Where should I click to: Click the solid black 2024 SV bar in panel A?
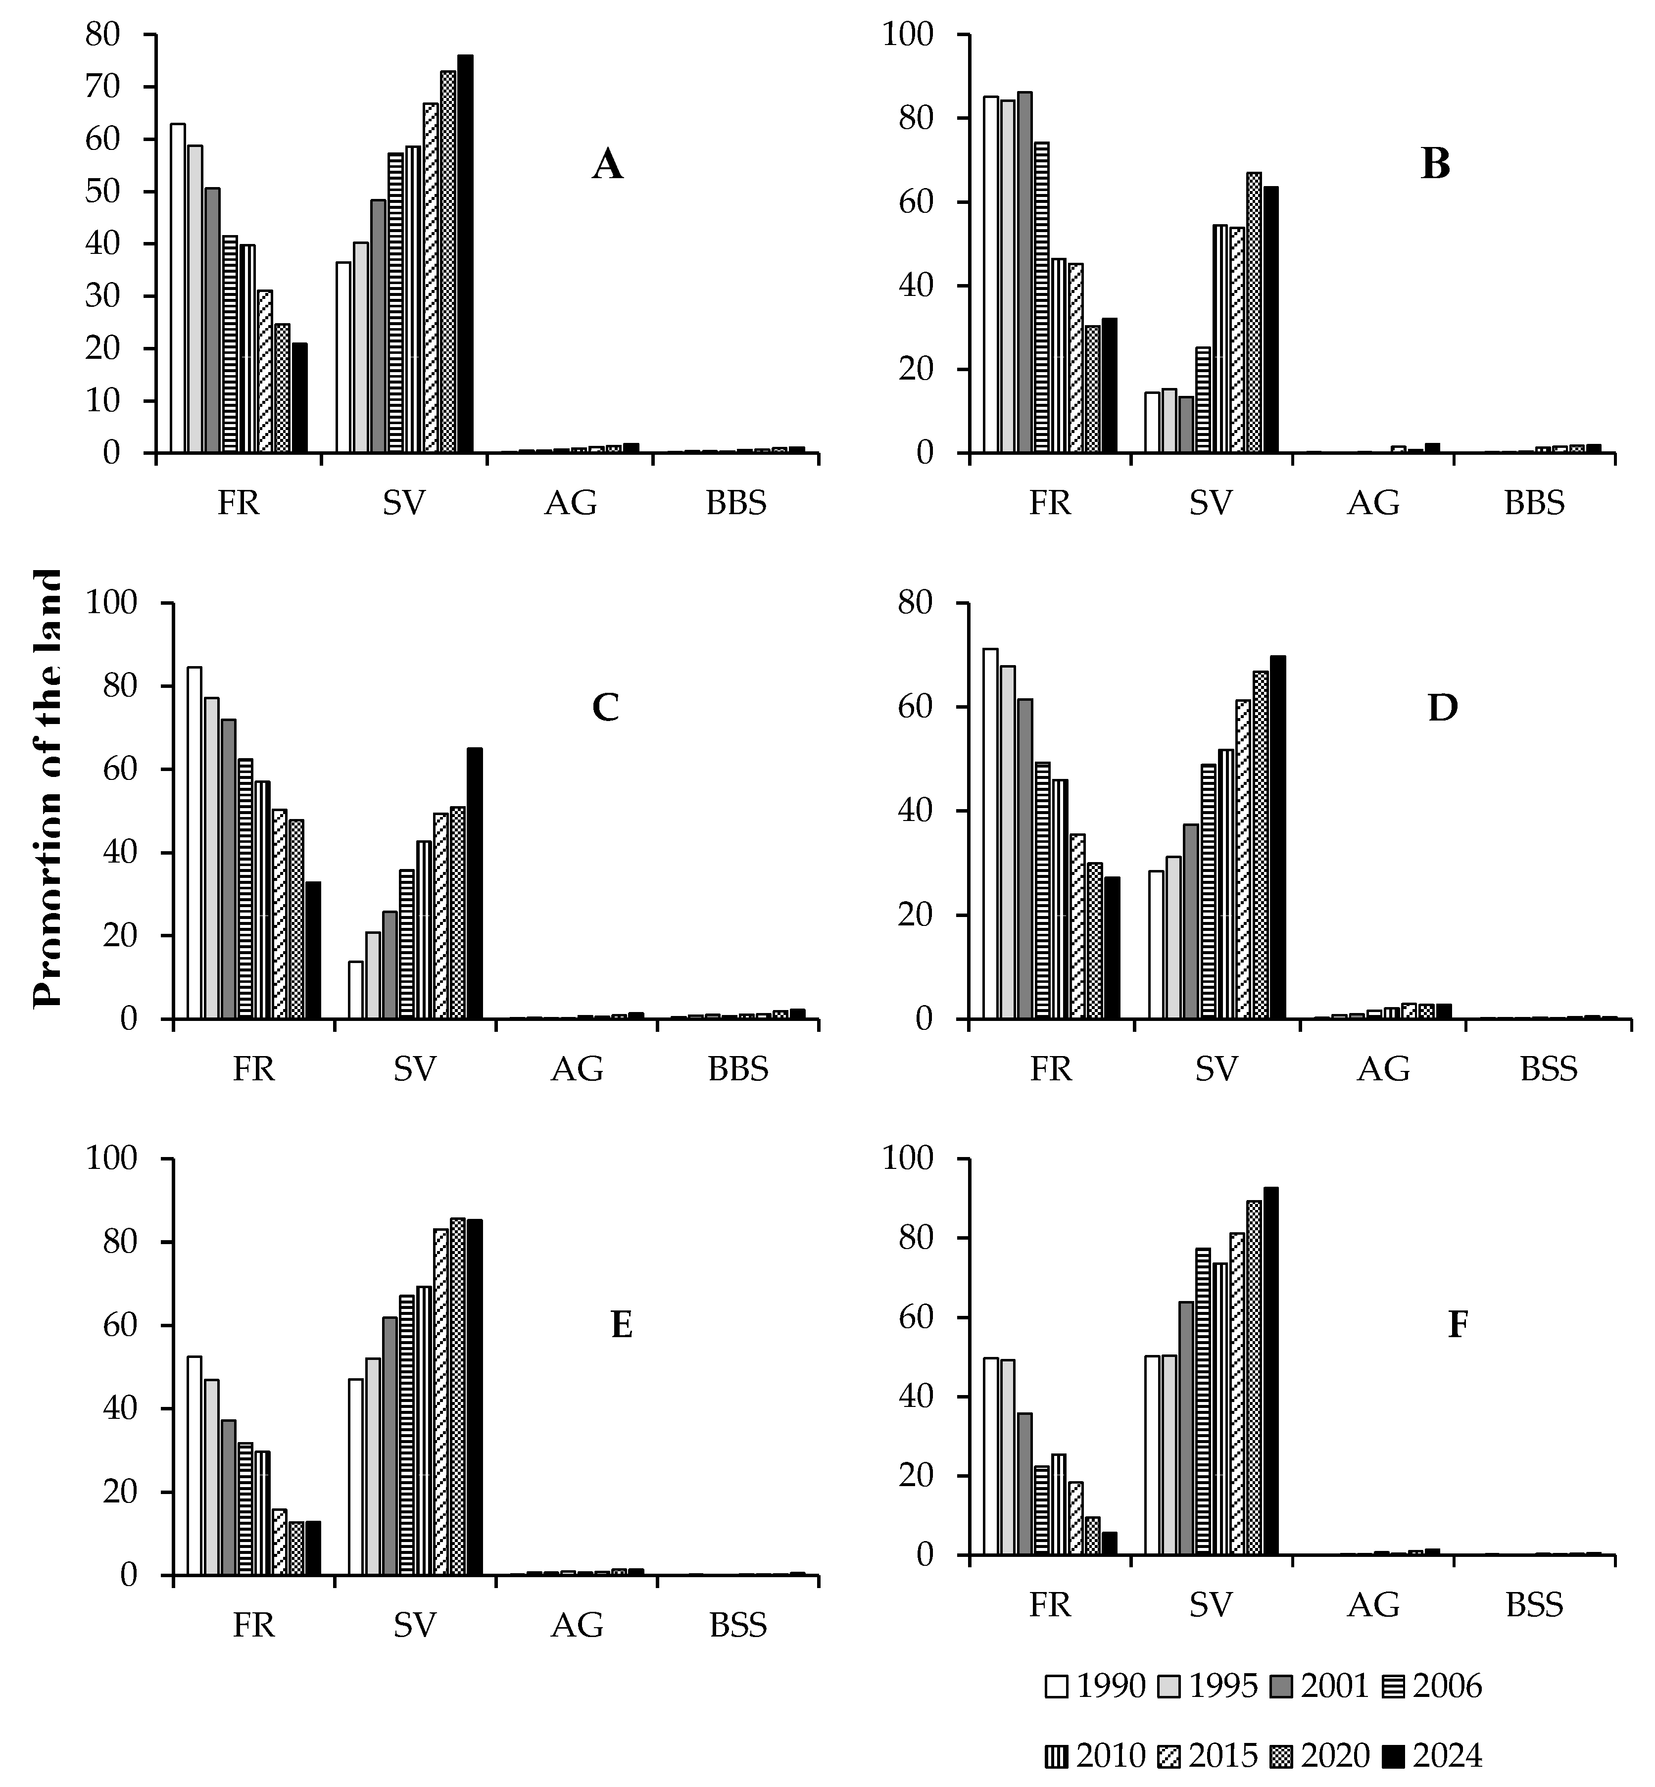465,255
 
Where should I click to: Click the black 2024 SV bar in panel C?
475,884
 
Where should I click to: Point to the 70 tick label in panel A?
102,87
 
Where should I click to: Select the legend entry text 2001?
1334,1687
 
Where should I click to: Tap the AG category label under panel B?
1373,503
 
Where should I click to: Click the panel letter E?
622,1325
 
